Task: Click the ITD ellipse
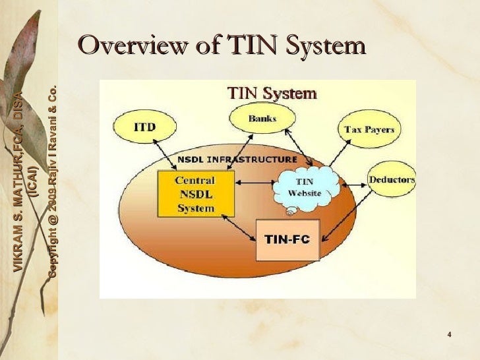144,126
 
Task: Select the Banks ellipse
262,119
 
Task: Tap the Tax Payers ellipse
369,129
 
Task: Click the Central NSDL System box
195,194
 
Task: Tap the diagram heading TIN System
271,93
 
